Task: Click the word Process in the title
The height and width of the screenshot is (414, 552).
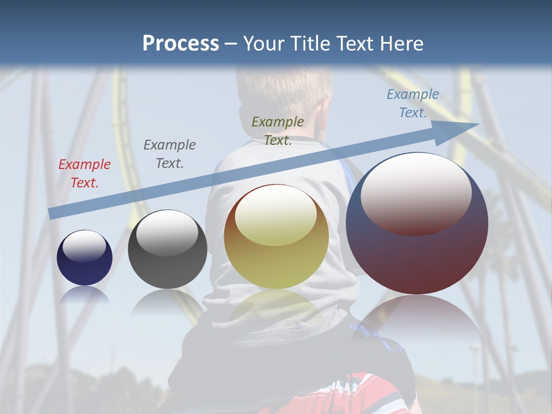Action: coord(181,44)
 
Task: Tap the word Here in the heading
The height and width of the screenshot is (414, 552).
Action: coord(401,44)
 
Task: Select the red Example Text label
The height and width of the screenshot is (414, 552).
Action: coord(85,174)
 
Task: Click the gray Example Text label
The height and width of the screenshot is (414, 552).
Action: coord(170,154)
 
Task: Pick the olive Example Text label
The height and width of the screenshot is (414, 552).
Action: coord(278,131)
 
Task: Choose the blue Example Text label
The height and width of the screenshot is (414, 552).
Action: coord(413,103)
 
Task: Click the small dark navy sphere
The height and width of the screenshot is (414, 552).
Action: coord(85,264)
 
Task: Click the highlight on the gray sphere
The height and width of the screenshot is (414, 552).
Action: coord(167,233)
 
